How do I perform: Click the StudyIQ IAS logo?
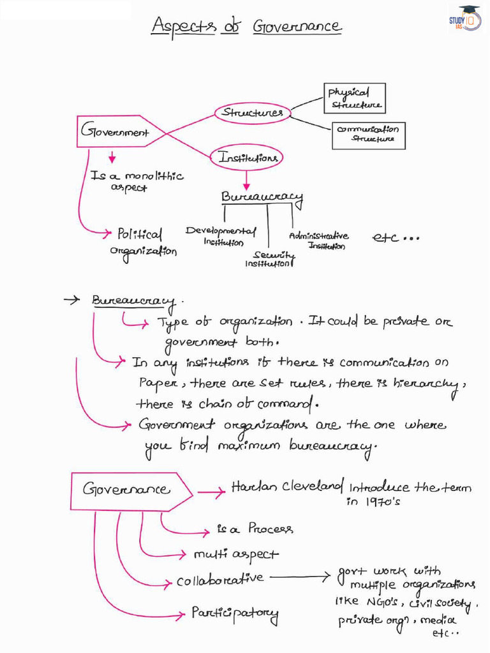(x=465, y=18)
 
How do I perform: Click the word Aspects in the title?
(x=184, y=26)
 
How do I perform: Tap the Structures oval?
(x=252, y=112)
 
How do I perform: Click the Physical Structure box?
(x=355, y=98)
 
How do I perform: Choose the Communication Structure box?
(x=369, y=135)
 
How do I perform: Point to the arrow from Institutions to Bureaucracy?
(x=247, y=180)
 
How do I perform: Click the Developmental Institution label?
(x=221, y=236)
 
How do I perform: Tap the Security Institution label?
(x=270, y=259)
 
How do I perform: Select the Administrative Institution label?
(x=320, y=240)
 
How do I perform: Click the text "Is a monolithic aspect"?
(x=137, y=182)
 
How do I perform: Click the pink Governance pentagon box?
(x=131, y=492)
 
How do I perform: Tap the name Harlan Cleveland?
(x=288, y=487)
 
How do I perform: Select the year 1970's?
(x=383, y=502)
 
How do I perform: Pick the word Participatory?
(x=235, y=614)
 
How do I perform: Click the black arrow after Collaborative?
(x=300, y=577)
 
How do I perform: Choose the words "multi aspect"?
(x=236, y=555)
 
